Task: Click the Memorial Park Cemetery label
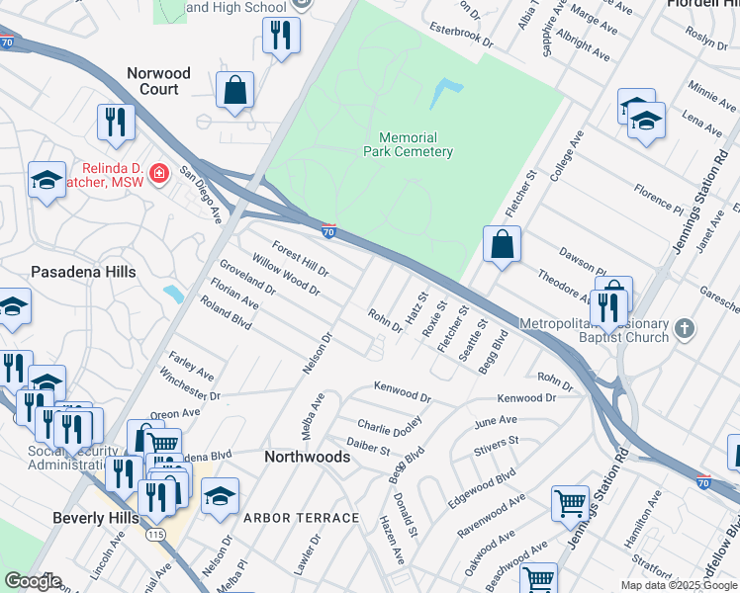(416, 144)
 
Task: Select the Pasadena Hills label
(83, 271)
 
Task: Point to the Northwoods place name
(307, 457)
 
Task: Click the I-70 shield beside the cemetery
(329, 231)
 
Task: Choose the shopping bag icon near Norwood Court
(237, 90)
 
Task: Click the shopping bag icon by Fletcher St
(502, 243)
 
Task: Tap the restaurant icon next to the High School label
(281, 37)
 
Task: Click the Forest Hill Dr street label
(301, 260)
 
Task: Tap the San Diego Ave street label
(200, 188)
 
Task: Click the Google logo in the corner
(33, 581)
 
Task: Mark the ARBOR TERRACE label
(301, 518)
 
